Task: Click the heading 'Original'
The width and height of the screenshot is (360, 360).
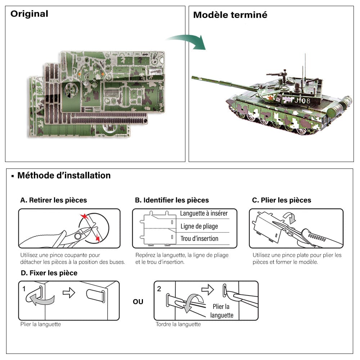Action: tap(29, 14)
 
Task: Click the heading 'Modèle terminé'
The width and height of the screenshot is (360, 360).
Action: tap(230, 15)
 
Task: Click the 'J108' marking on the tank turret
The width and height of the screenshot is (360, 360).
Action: tap(302, 101)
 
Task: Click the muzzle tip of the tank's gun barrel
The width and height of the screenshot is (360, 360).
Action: tap(193, 77)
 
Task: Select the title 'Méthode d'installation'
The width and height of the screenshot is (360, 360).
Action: tap(64, 176)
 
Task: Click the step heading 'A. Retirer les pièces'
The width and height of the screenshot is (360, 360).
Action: tap(54, 200)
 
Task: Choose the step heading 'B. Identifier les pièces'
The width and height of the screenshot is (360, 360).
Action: tap(172, 200)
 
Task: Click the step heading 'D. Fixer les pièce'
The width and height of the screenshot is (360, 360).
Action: tap(49, 273)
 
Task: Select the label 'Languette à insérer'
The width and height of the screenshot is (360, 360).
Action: tap(204, 213)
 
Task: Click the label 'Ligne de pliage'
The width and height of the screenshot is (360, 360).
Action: tap(199, 226)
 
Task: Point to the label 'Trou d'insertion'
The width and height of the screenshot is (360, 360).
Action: tap(199, 238)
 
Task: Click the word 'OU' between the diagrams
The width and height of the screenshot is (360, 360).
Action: tap(138, 302)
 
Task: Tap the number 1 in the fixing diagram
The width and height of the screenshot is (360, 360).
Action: tap(24, 289)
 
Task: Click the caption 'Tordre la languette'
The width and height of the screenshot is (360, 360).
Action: tap(178, 324)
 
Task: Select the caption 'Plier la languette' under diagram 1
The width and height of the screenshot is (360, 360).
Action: tap(41, 324)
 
